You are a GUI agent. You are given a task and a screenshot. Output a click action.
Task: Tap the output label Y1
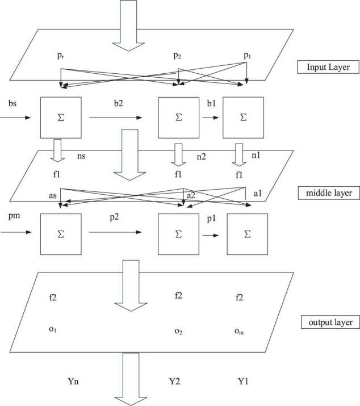[243, 382]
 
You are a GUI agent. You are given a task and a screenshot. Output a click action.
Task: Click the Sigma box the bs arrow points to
[60, 118]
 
